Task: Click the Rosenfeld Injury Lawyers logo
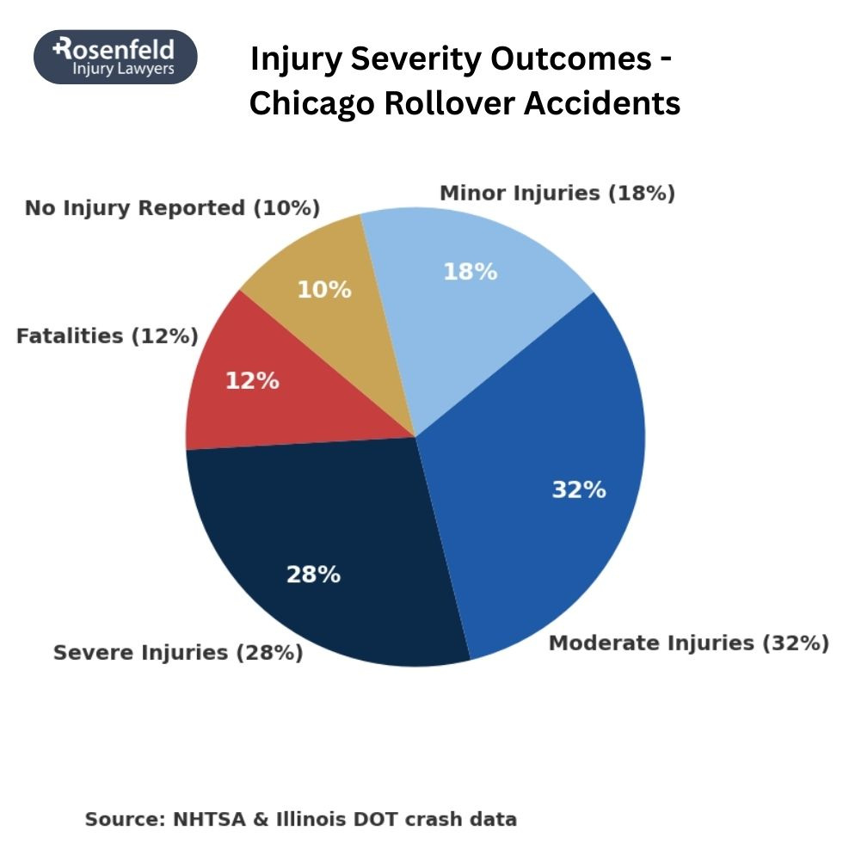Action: click(x=115, y=57)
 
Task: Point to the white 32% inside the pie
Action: click(x=578, y=490)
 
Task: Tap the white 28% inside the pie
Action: click(x=313, y=574)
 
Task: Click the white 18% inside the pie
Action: click(x=470, y=272)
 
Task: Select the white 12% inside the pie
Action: click(x=252, y=380)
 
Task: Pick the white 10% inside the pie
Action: click(x=324, y=290)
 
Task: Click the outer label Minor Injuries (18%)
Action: click(x=557, y=193)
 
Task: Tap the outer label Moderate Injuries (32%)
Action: click(x=688, y=643)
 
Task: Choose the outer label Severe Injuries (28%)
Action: click(x=178, y=653)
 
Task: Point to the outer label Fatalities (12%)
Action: click(x=108, y=335)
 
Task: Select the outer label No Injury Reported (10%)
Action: click(x=172, y=208)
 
